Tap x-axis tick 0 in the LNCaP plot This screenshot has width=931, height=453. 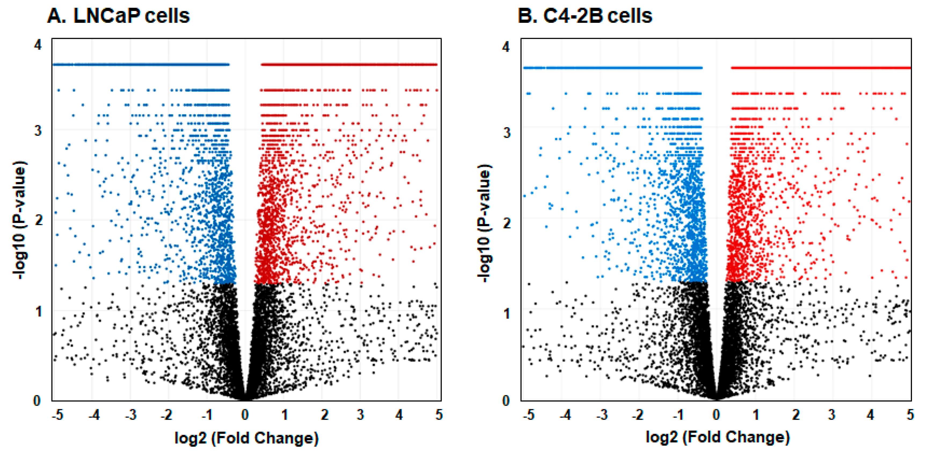coord(245,415)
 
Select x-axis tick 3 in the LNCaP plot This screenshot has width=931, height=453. coord(360,415)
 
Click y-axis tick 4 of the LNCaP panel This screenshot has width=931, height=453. coord(38,45)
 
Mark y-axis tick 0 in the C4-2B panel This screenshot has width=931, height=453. coord(506,401)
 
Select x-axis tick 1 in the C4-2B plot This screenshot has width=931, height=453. coord(756,415)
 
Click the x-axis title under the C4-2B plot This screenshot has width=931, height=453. coord(717,437)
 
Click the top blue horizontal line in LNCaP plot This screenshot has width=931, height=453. coord(141,65)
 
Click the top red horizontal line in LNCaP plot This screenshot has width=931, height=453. coord(349,65)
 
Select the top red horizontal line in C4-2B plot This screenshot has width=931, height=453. coord(820,68)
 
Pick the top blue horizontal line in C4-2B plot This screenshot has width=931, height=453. coord(613,68)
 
